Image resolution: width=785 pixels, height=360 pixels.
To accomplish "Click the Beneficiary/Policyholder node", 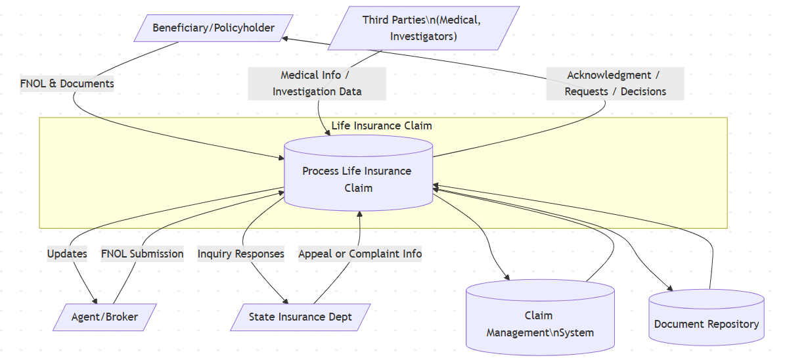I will [x=213, y=28].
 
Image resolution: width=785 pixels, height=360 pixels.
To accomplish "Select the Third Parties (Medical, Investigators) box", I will [x=424, y=28].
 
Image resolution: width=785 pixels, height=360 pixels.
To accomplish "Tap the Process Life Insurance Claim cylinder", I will [x=358, y=179].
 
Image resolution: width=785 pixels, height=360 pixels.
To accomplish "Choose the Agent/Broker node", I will [x=105, y=317].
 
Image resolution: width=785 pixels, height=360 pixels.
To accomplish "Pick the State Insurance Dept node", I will [x=300, y=317].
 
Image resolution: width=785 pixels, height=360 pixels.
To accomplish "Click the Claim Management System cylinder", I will [x=540, y=324].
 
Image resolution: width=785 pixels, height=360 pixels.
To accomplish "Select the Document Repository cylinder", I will [x=706, y=323].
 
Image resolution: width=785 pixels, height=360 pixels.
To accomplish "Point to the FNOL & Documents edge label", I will [x=67, y=83].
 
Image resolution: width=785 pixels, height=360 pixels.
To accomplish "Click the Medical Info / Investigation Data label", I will [x=317, y=83].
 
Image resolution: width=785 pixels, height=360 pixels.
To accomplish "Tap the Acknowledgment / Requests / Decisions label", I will [x=616, y=83].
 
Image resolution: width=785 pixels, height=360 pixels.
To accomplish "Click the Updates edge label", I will [x=67, y=254].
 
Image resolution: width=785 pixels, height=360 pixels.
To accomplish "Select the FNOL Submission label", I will [x=142, y=254].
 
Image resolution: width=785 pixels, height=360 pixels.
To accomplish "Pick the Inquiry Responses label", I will [x=241, y=254].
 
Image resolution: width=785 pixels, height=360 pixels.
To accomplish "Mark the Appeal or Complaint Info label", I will [x=360, y=254].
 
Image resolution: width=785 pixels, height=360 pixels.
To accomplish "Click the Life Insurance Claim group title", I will [x=382, y=125].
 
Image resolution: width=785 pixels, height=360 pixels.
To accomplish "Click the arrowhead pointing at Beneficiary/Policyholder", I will [x=284, y=38].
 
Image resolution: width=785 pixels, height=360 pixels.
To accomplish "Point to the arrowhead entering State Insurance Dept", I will [x=286, y=300].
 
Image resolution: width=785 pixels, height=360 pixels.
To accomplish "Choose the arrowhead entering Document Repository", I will [x=670, y=288].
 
